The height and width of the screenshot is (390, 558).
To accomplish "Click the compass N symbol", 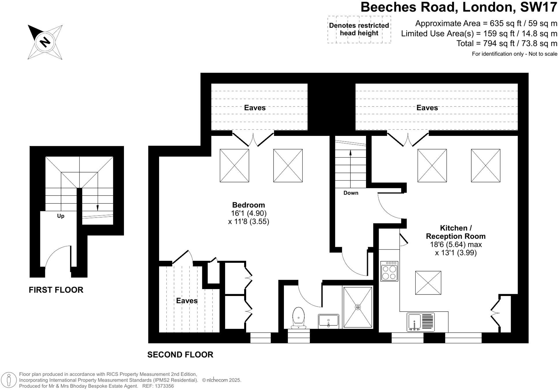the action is [45, 42].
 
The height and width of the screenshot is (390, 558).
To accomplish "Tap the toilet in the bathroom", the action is [298, 318].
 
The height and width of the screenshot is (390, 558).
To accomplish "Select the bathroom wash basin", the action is [329, 321].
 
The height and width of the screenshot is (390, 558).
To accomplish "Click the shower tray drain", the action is [358, 307].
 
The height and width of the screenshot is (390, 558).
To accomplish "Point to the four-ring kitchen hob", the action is [389, 271].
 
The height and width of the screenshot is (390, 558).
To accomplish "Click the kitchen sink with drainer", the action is [421, 322].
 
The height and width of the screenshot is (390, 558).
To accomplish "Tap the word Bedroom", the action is [248, 205].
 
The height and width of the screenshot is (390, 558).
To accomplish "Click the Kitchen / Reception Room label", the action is [456, 232].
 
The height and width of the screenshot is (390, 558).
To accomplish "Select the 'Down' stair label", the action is [351, 193].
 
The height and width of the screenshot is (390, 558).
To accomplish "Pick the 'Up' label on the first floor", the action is [61, 216].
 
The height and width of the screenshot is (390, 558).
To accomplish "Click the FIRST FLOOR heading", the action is [56, 290].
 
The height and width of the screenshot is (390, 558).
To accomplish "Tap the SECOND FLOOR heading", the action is [180, 355].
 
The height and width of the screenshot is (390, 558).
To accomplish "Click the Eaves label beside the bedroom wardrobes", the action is [187, 301].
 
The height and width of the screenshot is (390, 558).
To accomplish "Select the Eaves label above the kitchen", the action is [427, 108].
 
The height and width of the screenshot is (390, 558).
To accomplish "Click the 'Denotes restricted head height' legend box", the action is [359, 29].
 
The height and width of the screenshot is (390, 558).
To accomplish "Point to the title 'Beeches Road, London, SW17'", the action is [459, 7].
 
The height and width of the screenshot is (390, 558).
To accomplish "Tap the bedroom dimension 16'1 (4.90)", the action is [248, 213].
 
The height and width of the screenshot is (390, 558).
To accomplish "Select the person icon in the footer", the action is [9, 380].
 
